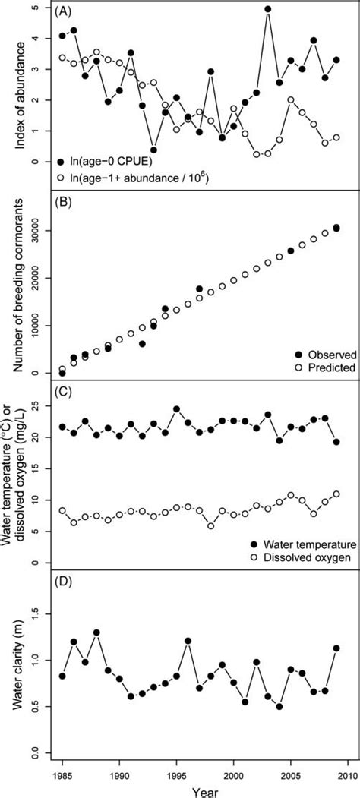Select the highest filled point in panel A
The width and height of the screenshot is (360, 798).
coord(268,10)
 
